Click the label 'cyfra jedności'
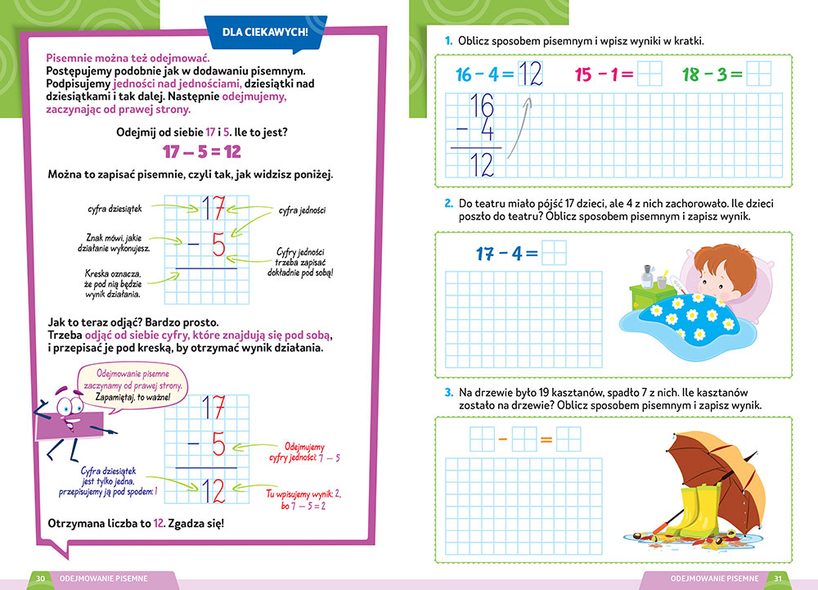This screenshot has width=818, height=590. [x=302, y=211]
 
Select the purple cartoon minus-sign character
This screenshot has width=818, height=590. [x=68, y=413]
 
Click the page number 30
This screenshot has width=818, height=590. [x=40, y=579]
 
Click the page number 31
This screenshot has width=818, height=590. [x=779, y=579]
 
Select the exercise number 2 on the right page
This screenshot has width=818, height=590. [x=449, y=203]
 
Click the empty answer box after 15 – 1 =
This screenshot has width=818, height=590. [x=649, y=74]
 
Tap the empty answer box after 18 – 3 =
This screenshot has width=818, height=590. [x=759, y=74]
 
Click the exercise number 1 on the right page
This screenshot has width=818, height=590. [x=449, y=40]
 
